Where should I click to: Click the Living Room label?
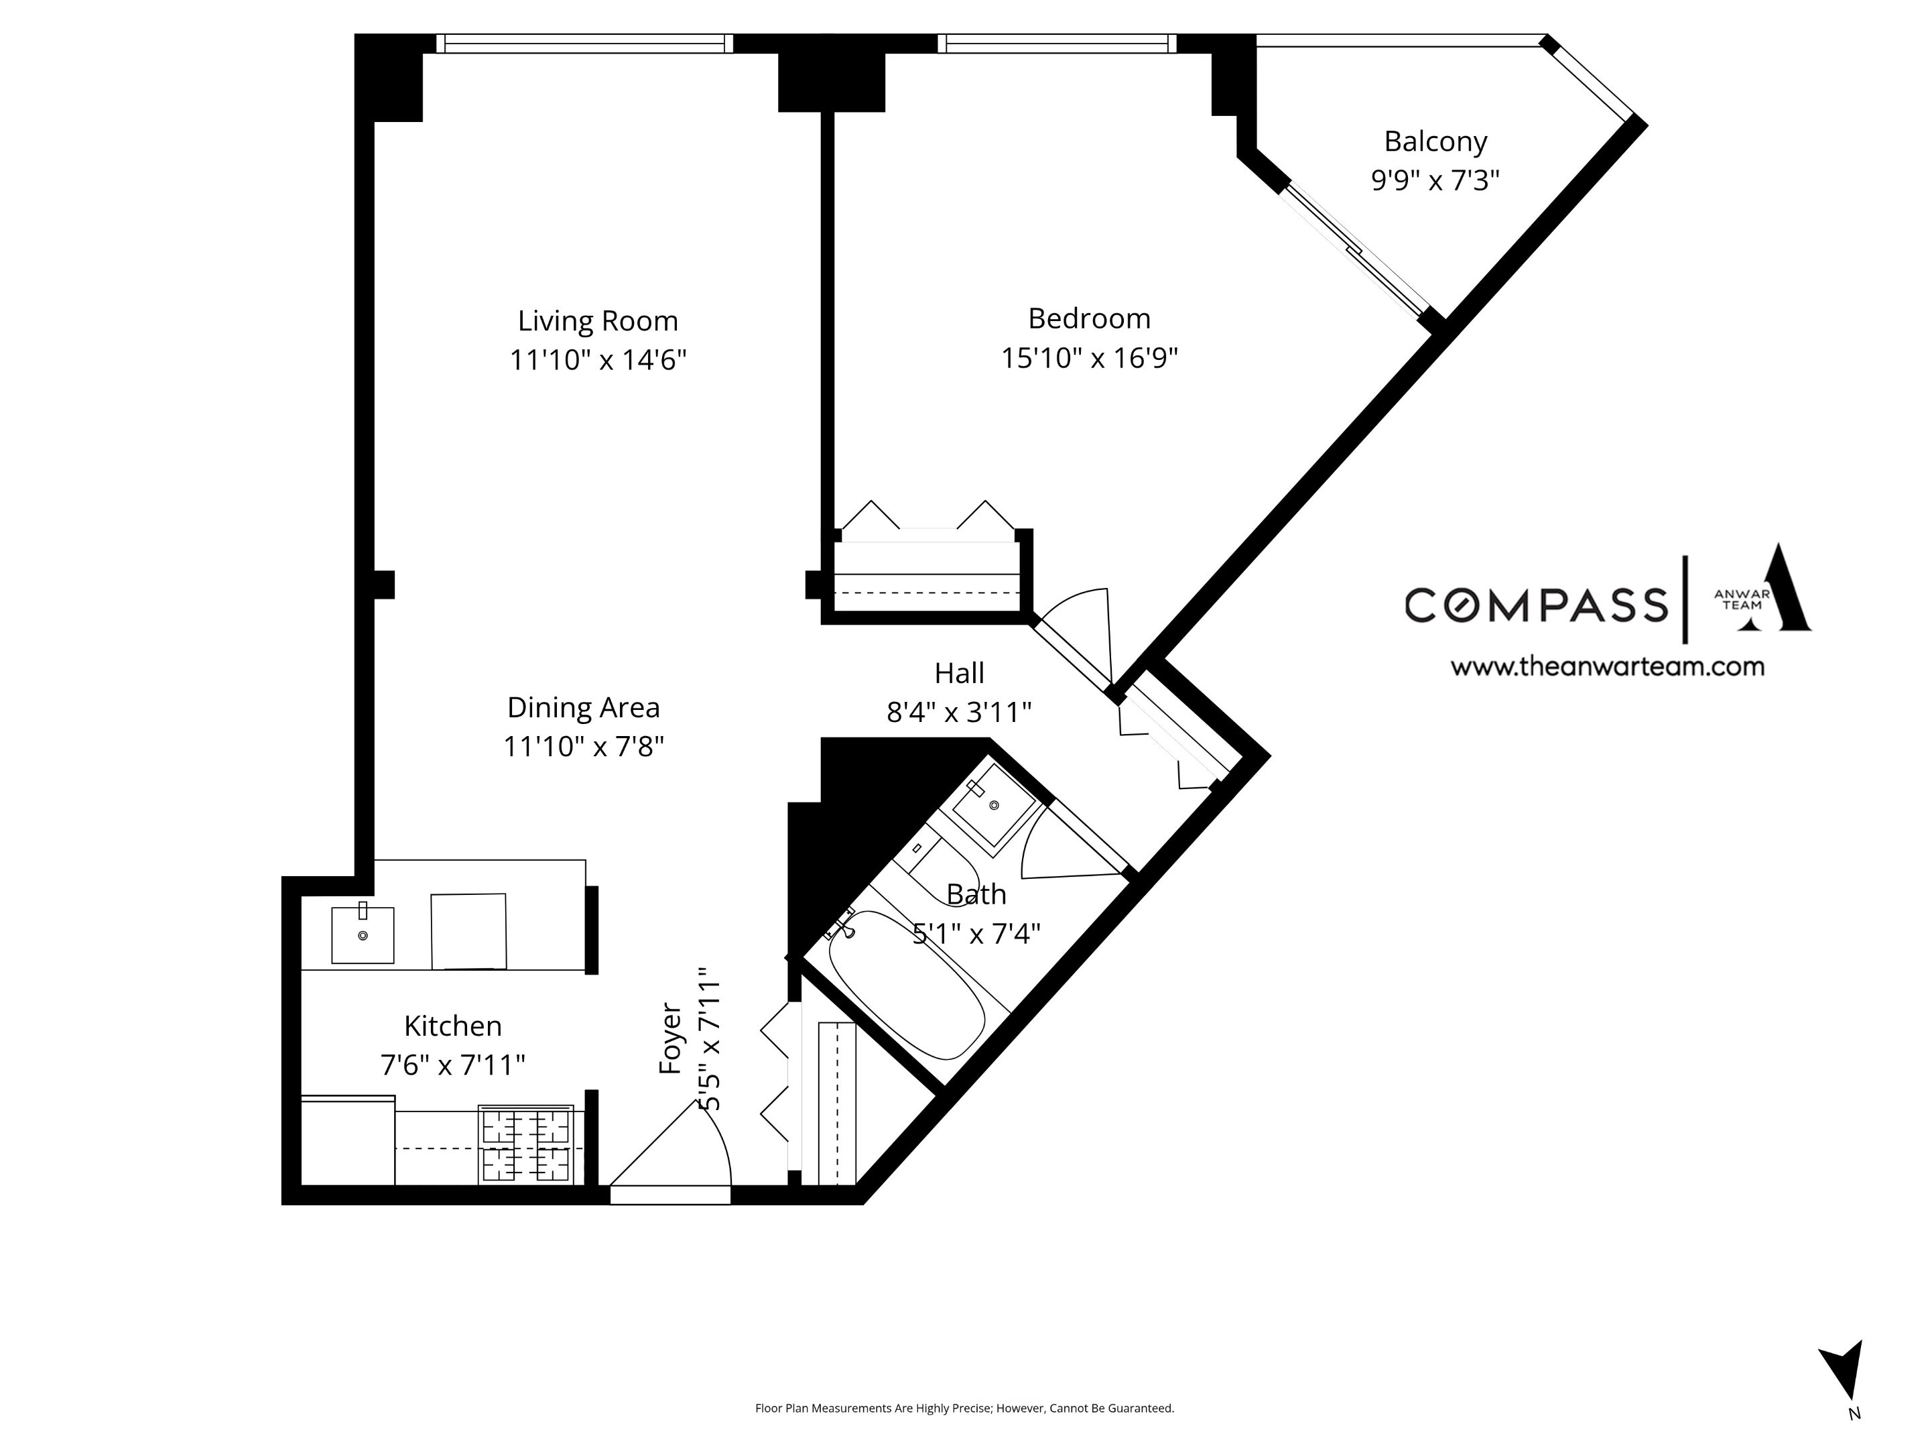coord(598,321)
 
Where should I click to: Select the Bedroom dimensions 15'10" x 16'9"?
coord(1089,358)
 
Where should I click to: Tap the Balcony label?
coord(1435,141)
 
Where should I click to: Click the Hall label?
coord(959,673)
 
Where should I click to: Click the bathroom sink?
coord(993,804)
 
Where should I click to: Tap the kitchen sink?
coord(363,934)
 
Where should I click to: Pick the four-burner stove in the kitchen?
coord(525,1144)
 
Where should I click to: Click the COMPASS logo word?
coord(1536,605)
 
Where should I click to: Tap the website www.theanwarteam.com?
coord(1607,667)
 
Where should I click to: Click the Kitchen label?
coord(453,1026)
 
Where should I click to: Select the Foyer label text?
coord(670,1038)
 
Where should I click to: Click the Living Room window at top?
coord(584,44)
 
